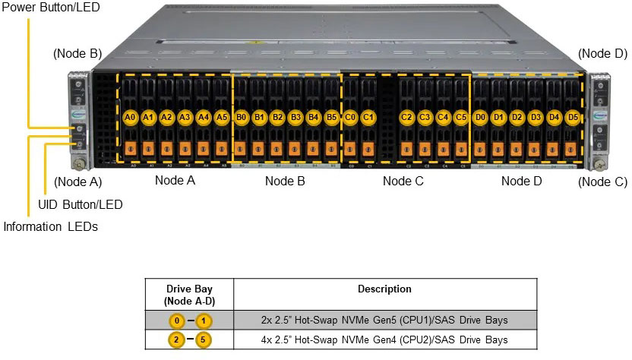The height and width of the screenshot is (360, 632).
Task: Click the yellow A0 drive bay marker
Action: [130, 118]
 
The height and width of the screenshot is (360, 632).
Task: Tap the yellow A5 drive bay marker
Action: [221, 118]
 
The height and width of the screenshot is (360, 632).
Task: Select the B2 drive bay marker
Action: [277, 118]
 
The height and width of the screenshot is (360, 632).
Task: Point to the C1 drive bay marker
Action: [368, 118]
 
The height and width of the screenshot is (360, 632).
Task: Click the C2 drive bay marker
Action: [406, 118]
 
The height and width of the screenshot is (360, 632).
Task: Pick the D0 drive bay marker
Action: [480, 118]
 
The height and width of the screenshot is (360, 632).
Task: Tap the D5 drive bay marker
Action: [573, 118]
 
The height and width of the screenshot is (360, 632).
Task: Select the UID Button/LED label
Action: [80, 204]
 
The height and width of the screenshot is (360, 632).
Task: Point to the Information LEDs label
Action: [50, 226]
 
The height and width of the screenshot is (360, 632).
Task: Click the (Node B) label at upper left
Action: [77, 54]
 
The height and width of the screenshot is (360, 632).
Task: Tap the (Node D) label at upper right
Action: [602, 54]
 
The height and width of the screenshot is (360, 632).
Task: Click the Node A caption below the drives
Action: [175, 181]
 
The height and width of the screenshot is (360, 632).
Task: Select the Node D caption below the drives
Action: [522, 181]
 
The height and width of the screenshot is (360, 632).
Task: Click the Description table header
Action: [384, 289]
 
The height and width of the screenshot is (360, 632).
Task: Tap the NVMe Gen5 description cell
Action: [384, 321]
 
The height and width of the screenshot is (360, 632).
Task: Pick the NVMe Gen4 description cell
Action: [384, 339]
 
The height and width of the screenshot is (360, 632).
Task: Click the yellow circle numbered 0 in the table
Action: [176, 321]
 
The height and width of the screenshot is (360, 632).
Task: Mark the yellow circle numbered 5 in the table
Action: [203, 339]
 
